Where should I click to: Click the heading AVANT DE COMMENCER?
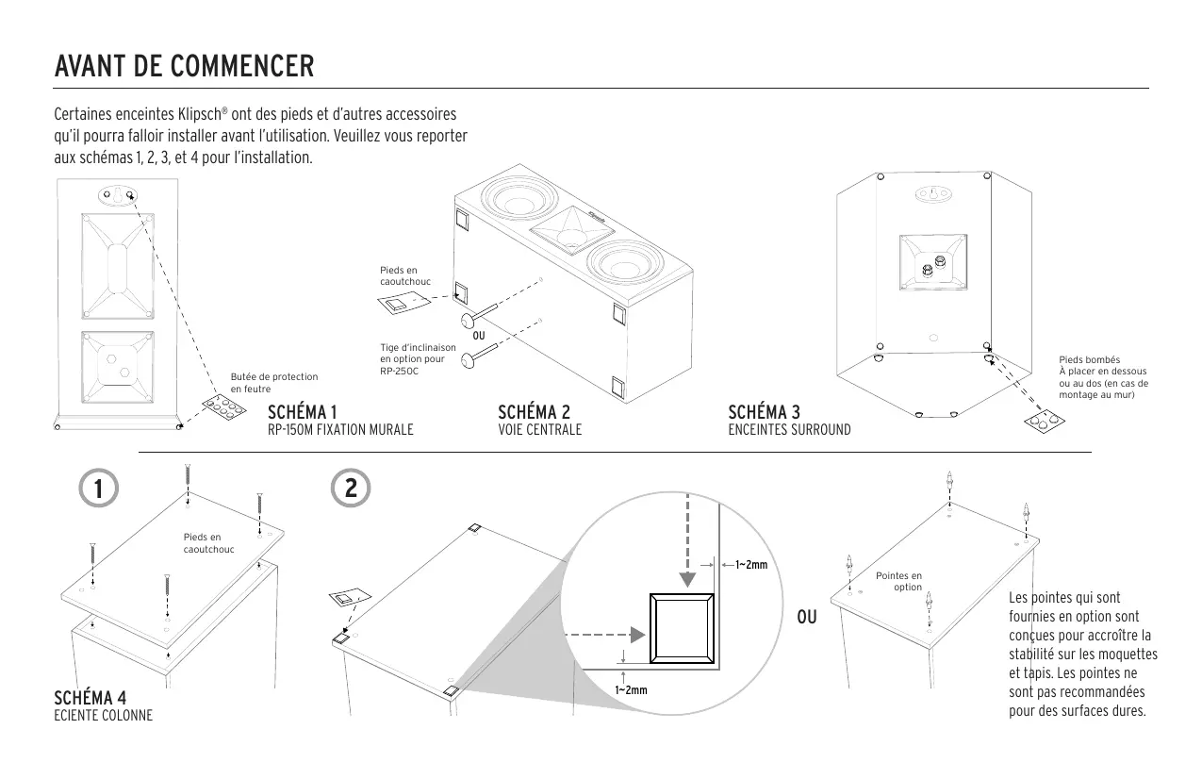[x=184, y=68]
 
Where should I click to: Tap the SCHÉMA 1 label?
[x=303, y=412]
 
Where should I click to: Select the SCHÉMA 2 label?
[x=534, y=412]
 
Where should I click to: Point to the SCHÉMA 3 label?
[x=765, y=412]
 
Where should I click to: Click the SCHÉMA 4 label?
[x=91, y=698]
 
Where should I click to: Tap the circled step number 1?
[x=94, y=489]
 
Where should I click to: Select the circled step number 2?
[x=351, y=489]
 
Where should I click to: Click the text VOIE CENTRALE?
[x=539, y=430]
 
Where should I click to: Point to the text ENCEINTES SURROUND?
[x=789, y=430]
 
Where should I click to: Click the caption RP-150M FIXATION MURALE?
[x=340, y=430]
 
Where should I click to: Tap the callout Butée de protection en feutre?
[x=274, y=383]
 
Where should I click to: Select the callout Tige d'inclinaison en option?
[x=418, y=359]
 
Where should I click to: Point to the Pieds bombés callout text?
[x=1104, y=376]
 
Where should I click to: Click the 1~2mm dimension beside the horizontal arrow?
[x=750, y=565]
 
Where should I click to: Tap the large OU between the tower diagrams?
[x=806, y=618]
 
